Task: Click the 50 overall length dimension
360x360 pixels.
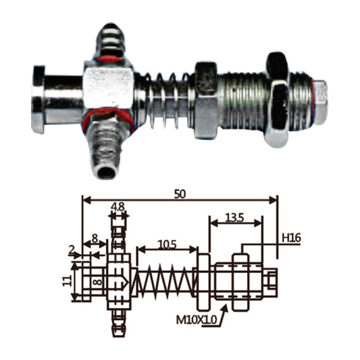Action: (x=180, y=195)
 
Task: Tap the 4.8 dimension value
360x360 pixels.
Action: (x=118, y=207)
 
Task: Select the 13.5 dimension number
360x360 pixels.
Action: (x=234, y=217)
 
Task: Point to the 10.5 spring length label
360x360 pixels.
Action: (x=167, y=245)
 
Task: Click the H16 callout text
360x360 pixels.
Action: (x=291, y=238)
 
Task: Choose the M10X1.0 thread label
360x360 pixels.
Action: (x=197, y=319)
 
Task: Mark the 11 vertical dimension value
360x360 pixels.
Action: (x=67, y=281)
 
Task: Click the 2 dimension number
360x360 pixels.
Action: (x=72, y=250)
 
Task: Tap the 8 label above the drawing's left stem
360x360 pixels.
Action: (x=95, y=239)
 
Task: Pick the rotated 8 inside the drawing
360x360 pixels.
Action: (x=98, y=282)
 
